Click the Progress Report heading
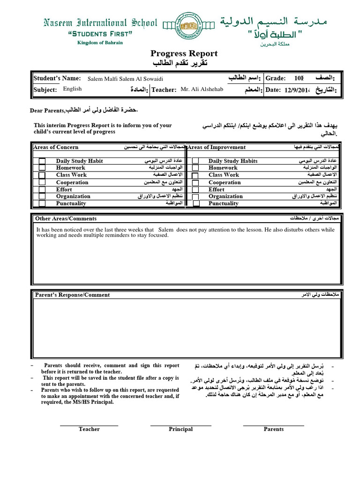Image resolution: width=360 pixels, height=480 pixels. [x=178, y=53]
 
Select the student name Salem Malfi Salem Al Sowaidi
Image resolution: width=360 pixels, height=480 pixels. [x=126, y=79]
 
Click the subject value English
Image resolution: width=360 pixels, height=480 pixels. [x=72, y=89]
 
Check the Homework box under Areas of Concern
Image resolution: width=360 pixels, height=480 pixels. [x=42, y=168]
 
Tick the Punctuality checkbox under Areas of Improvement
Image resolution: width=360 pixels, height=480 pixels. [x=196, y=203]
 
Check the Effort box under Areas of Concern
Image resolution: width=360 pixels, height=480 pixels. [x=42, y=189]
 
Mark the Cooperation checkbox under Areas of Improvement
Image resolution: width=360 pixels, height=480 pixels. [x=196, y=182]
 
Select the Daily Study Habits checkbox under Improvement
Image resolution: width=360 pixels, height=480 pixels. [x=196, y=161]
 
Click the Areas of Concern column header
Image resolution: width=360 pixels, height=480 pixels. [x=56, y=147]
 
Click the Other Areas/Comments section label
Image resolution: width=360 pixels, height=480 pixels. [x=66, y=218]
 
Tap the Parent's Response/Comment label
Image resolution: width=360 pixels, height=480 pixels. [x=73, y=295]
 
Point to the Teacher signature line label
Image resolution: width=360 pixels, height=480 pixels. [x=89, y=429]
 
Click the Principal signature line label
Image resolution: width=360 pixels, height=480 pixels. [x=180, y=429]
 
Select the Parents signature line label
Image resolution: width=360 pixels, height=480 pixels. [x=273, y=429]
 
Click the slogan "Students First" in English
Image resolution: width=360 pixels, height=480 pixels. [x=100, y=34]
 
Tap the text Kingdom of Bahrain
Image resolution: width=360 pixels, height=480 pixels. [x=100, y=43]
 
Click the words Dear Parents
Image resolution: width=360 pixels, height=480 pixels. [x=47, y=111]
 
